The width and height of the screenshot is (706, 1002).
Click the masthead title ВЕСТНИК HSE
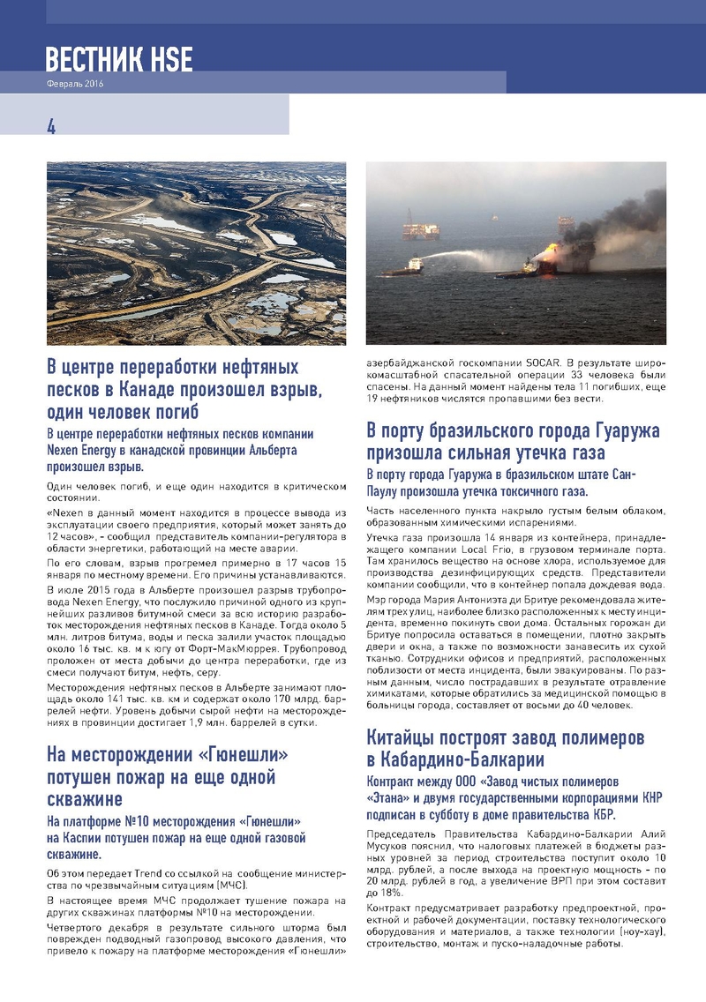[x=119, y=59]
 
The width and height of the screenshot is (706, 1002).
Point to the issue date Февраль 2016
[x=75, y=84]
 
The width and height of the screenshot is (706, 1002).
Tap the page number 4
[x=51, y=126]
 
